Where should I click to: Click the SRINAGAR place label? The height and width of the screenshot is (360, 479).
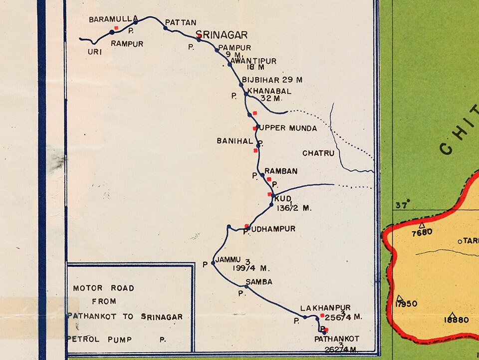point(222,35)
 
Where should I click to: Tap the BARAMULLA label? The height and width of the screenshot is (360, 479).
point(113,19)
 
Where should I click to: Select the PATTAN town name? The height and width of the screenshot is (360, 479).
point(181,22)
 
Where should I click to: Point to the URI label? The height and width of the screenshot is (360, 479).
point(95,51)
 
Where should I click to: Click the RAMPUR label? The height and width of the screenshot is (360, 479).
point(127,44)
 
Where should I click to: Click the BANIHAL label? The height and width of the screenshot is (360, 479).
point(235,141)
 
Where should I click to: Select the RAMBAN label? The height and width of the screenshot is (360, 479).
point(281,171)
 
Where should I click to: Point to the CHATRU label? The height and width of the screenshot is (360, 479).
point(318,153)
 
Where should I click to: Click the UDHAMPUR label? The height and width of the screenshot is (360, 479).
point(272,229)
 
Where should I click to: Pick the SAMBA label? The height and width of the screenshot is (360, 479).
point(259,282)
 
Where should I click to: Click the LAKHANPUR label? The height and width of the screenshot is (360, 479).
point(325,308)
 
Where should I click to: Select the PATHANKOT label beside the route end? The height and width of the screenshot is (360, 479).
point(337,339)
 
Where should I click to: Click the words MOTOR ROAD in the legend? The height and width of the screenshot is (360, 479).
point(104,288)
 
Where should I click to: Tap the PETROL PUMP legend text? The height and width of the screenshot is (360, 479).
point(99,340)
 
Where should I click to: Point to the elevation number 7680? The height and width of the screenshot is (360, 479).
point(422,232)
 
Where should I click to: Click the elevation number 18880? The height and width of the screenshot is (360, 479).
point(456,320)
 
